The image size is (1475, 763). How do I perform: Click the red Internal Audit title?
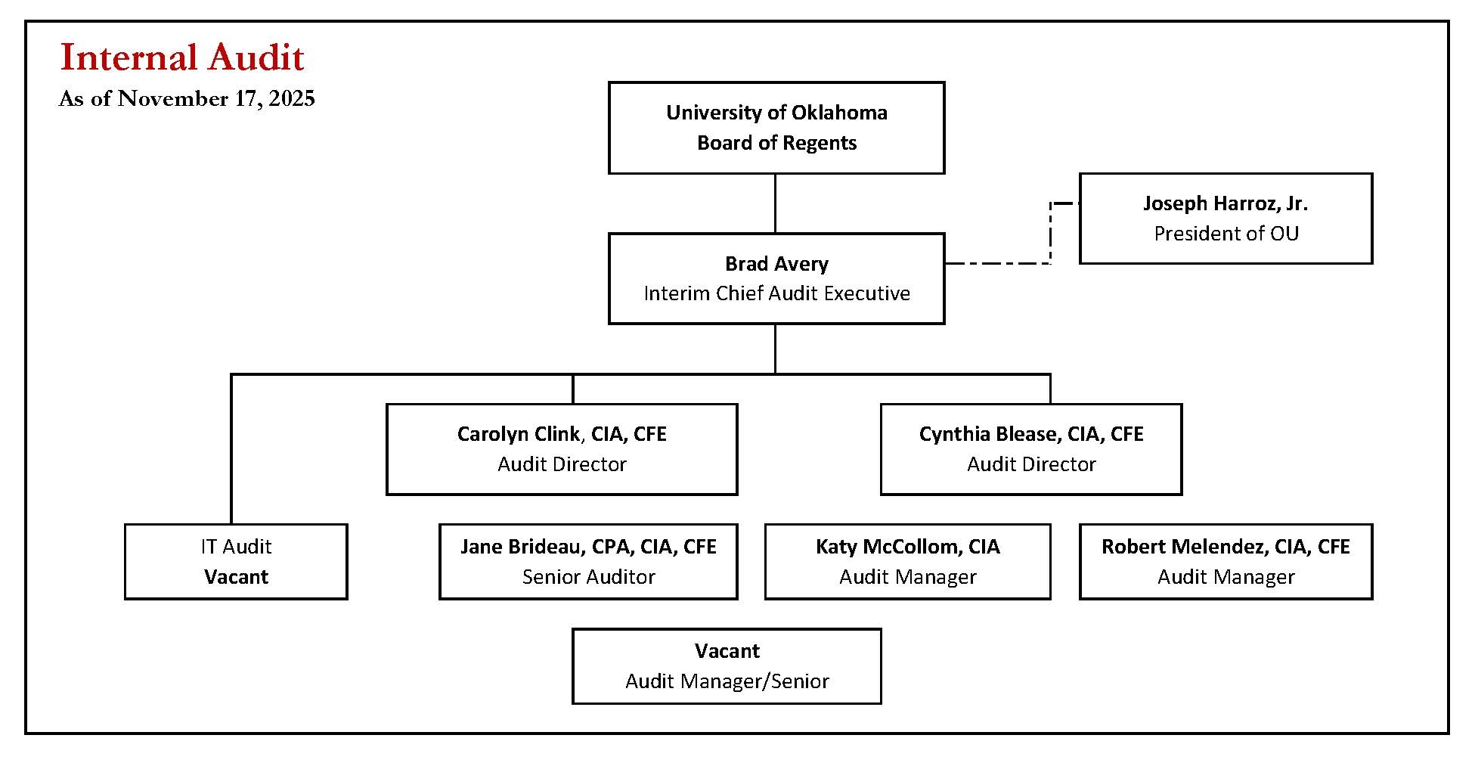pyautogui.click(x=181, y=58)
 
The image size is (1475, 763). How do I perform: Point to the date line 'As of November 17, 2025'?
pyautogui.click(x=187, y=99)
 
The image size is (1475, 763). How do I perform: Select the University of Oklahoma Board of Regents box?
pyautogui.click(x=776, y=128)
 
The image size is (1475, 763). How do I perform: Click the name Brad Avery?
pyautogui.click(x=776, y=264)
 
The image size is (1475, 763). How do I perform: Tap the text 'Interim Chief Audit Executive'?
pyautogui.click(x=776, y=293)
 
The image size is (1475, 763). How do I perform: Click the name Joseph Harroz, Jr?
pyautogui.click(x=1225, y=203)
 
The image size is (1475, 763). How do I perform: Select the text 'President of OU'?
pyautogui.click(x=1226, y=234)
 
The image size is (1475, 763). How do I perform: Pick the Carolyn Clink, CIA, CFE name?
pyautogui.click(x=561, y=434)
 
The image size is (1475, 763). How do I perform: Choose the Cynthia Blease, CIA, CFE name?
pyautogui.click(x=1030, y=434)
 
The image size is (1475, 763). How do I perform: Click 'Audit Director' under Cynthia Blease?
pyautogui.click(x=1030, y=464)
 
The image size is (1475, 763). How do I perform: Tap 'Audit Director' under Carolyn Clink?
pyautogui.click(x=561, y=464)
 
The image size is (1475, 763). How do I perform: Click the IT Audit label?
pyautogui.click(x=236, y=547)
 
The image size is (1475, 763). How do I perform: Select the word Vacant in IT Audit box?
pyautogui.click(x=236, y=577)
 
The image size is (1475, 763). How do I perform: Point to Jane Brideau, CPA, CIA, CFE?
pyautogui.click(x=587, y=547)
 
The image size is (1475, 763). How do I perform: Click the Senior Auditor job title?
pyautogui.click(x=587, y=577)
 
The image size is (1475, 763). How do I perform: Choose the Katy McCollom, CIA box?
pyautogui.click(x=907, y=561)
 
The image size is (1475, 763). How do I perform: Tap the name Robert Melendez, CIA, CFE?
pyautogui.click(x=1225, y=547)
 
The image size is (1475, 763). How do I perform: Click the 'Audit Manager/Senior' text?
pyautogui.click(x=727, y=681)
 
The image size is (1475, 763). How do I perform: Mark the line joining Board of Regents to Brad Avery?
pyautogui.click(x=775, y=203)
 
